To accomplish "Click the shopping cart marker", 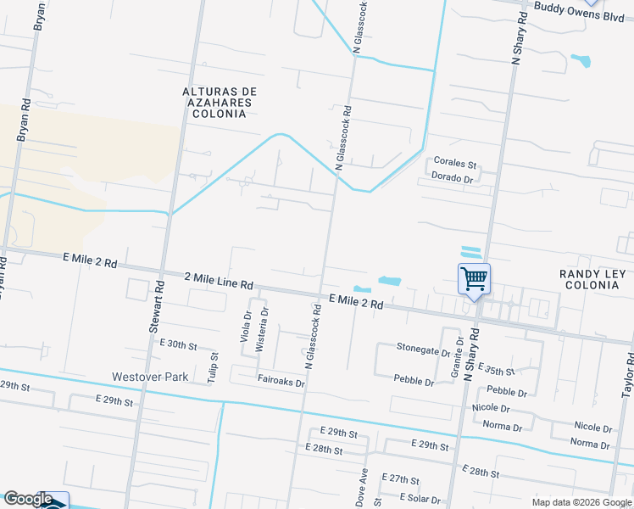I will click(474, 278).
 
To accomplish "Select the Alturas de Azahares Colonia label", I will click(220, 102).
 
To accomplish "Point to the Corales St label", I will click(455, 162).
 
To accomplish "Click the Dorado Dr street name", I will click(452, 178).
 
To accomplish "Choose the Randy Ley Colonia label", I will click(592, 279).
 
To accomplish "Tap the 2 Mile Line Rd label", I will click(220, 278).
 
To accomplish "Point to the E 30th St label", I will click(178, 345).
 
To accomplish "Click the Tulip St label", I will click(214, 366).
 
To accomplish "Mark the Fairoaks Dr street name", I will click(281, 382).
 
